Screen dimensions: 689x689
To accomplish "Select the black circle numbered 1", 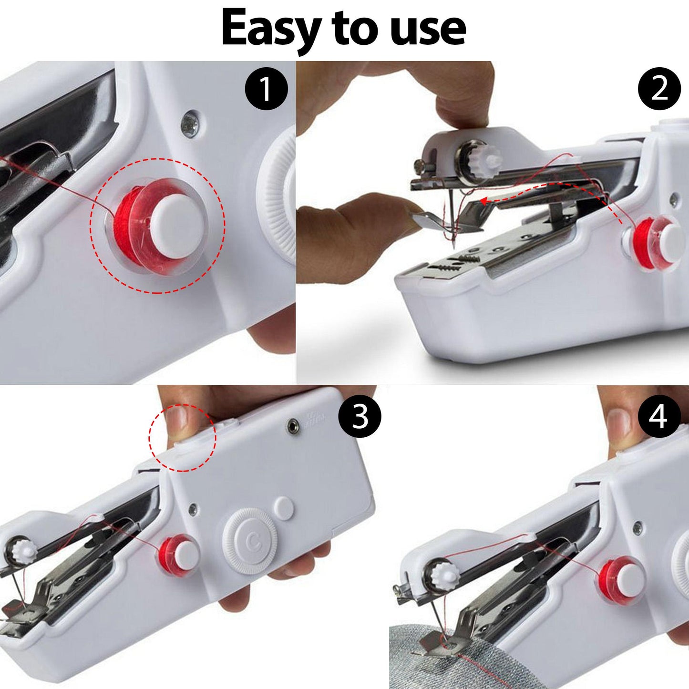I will (x=266, y=88).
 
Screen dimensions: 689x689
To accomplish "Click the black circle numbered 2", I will (x=659, y=88).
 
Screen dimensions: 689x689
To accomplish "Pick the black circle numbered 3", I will (x=360, y=416).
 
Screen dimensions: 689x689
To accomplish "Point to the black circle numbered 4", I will (x=659, y=417).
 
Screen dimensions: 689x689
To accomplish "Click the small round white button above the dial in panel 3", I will (x=284, y=508).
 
